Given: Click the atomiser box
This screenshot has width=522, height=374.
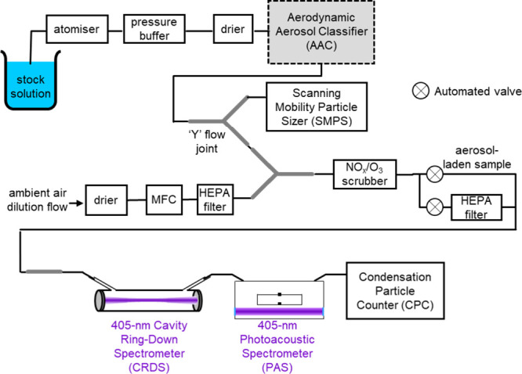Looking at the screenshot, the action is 77,29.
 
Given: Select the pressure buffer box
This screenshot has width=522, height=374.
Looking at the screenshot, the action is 154,29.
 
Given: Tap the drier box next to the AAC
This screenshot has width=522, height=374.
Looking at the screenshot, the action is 233,29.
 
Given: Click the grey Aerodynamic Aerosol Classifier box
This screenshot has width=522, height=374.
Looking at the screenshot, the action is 321,31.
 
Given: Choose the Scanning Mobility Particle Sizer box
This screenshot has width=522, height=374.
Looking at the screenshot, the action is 317,106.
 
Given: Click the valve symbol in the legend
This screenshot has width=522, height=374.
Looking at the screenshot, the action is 420,91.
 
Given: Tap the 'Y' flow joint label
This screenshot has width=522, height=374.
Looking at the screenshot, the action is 207,142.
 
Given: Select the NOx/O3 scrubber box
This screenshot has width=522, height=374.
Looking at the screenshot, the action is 364,174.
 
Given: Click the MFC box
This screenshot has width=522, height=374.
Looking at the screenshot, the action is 164,200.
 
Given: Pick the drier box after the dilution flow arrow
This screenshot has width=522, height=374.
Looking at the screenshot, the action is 106,200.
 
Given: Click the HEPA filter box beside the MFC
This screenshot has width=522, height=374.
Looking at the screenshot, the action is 215,200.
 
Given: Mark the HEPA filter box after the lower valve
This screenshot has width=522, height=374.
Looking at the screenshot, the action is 477,207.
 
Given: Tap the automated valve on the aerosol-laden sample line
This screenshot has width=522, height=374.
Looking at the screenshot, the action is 434,174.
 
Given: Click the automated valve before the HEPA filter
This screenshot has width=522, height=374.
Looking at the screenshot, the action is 434,207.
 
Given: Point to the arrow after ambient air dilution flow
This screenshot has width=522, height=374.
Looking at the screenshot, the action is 76,203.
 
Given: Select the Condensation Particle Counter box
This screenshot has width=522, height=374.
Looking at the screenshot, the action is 395,291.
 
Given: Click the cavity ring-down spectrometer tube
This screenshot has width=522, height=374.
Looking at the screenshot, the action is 148,300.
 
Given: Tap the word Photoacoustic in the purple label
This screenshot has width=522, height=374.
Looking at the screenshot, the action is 277,339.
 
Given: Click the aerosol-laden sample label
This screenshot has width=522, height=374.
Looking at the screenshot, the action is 477,157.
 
